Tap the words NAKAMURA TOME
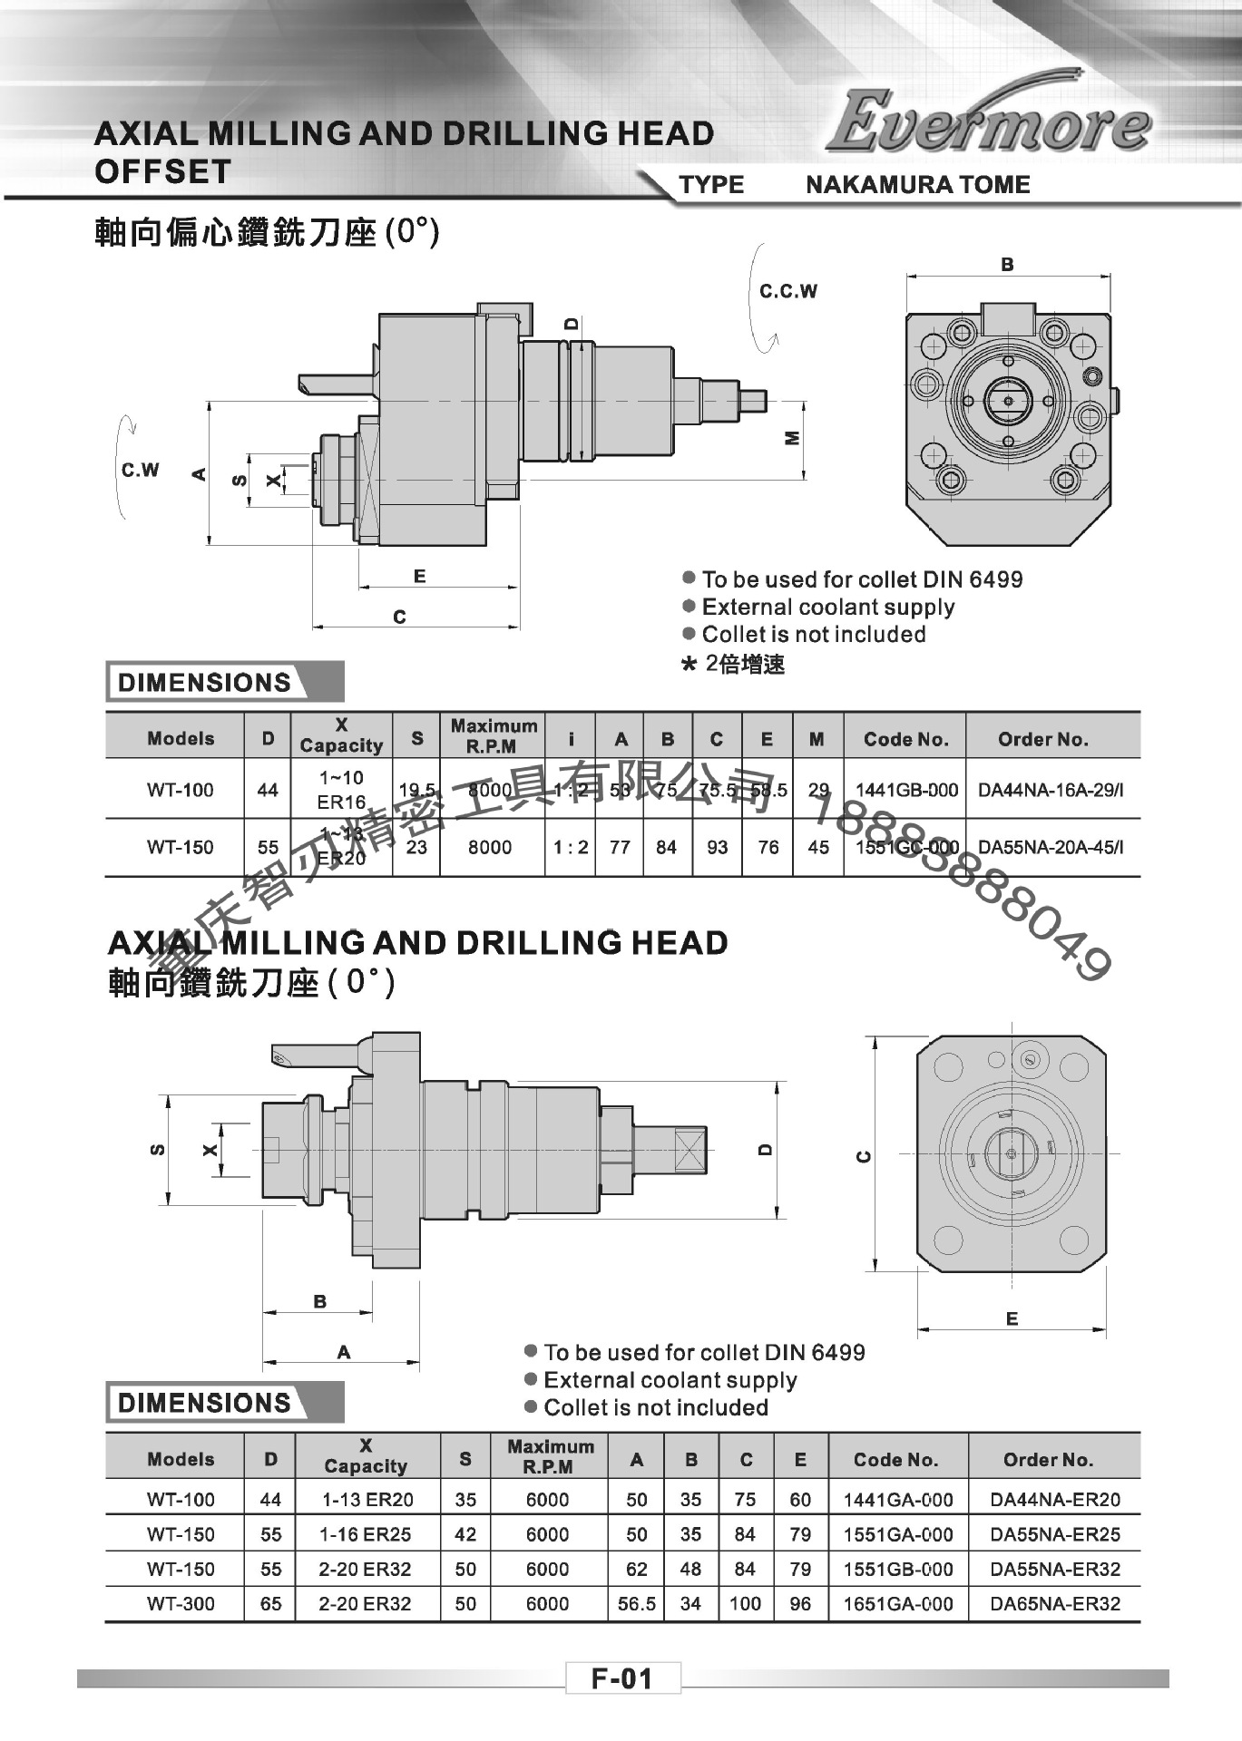tap(917, 185)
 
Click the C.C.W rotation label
tap(788, 291)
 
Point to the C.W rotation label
tap(140, 470)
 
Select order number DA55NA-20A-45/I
tap(1051, 848)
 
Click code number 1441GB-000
tap(906, 790)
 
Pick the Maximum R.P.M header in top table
tap(493, 736)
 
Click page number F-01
tap(622, 1678)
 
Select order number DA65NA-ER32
tap(1055, 1603)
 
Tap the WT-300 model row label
tap(181, 1603)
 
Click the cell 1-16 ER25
tap(367, 1534)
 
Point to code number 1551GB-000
tap(897, 1569)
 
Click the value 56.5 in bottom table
tap(636, 1603)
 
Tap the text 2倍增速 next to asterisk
tap(745, 665)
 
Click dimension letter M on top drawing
tap(792, 438)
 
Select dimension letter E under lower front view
tap(1012, 1319)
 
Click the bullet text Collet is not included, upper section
tap(813, 635)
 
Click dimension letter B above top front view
tap(1007, 265)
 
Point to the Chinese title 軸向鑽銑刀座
tap(213, 983)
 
